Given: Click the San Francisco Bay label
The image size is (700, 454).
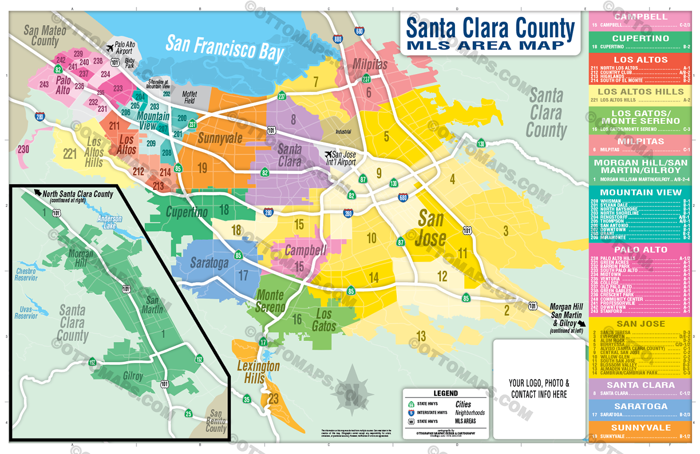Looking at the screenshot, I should pyautogui.click(x=224, y=48).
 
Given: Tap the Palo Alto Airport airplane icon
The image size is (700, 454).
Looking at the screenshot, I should pyautogui.click(x=110, y=48).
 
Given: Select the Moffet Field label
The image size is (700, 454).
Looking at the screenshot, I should pyautogui.click(x=189, y=97).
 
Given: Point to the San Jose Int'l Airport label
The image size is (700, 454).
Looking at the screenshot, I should pyautogui.click(x=341, y=158).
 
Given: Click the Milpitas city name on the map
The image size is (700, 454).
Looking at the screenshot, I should pyautogui.click(x=370, y=64).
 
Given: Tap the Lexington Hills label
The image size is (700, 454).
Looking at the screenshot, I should pyautogui.click(x=258, y=372).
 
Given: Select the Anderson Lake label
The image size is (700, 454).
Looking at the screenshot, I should pyautogui.click(x=109, y=222).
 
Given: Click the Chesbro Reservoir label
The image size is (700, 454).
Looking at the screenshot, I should pyautogui.click(x=26, y=274).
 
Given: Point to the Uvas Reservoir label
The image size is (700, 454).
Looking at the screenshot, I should pyautogui.click(x=26, y=312).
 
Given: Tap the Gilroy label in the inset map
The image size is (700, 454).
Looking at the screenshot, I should pyautogui.click(x=133, y=376).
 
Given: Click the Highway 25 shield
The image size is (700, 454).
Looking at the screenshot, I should pyautogui.click(x=188, y=413).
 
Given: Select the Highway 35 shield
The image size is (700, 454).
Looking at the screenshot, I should pyautogui.click(x=246, y=399).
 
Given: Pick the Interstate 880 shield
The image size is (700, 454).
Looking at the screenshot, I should pyautogui.click(x=338, y=39).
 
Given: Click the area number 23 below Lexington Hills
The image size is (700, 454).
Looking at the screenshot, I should pyautogui.click(x=273, y=398).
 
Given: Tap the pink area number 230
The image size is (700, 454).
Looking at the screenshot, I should pyautogui.click(x=23, y=149).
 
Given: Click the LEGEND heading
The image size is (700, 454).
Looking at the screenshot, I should pyautogui.click(x=445, y=393).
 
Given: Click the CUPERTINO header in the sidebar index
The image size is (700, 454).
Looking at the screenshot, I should pyautogui.click(x=640, y=38).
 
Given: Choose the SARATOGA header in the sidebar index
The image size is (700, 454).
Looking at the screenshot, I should pyautogui.click(x=640, y=406).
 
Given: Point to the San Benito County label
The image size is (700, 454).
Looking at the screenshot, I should pyautogui.click(x=216, y=421).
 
